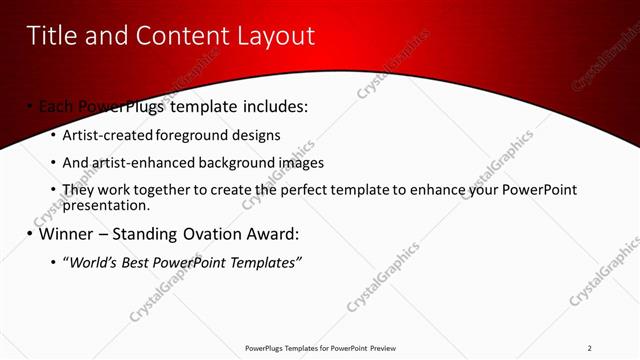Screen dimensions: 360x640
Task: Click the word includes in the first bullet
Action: click(273, 106)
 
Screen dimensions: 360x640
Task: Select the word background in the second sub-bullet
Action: click(233, 163)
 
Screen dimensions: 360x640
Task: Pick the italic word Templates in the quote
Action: click(266, 263)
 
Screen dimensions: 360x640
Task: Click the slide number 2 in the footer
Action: click(590, 348)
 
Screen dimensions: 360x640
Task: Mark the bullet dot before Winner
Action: click(30, 235)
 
